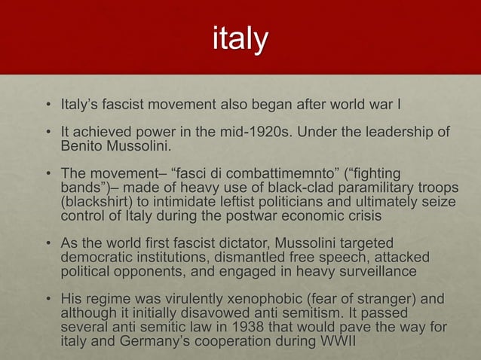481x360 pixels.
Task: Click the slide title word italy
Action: point(240,40)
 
